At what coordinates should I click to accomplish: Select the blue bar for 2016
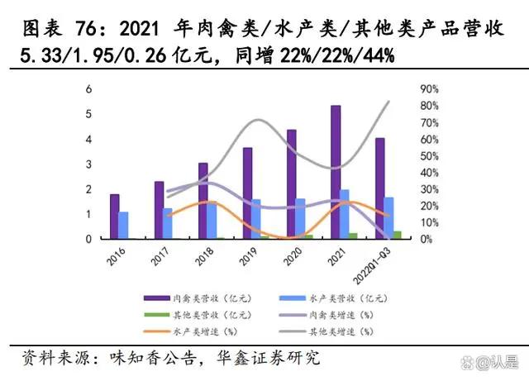point(124,225)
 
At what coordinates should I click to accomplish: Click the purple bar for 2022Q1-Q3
point(379,188)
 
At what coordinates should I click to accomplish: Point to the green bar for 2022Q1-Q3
point(398,235)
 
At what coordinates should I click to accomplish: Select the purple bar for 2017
point(159,210)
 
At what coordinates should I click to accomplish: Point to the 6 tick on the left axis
point(89,89)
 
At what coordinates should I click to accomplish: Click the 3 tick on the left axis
point(89,164)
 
